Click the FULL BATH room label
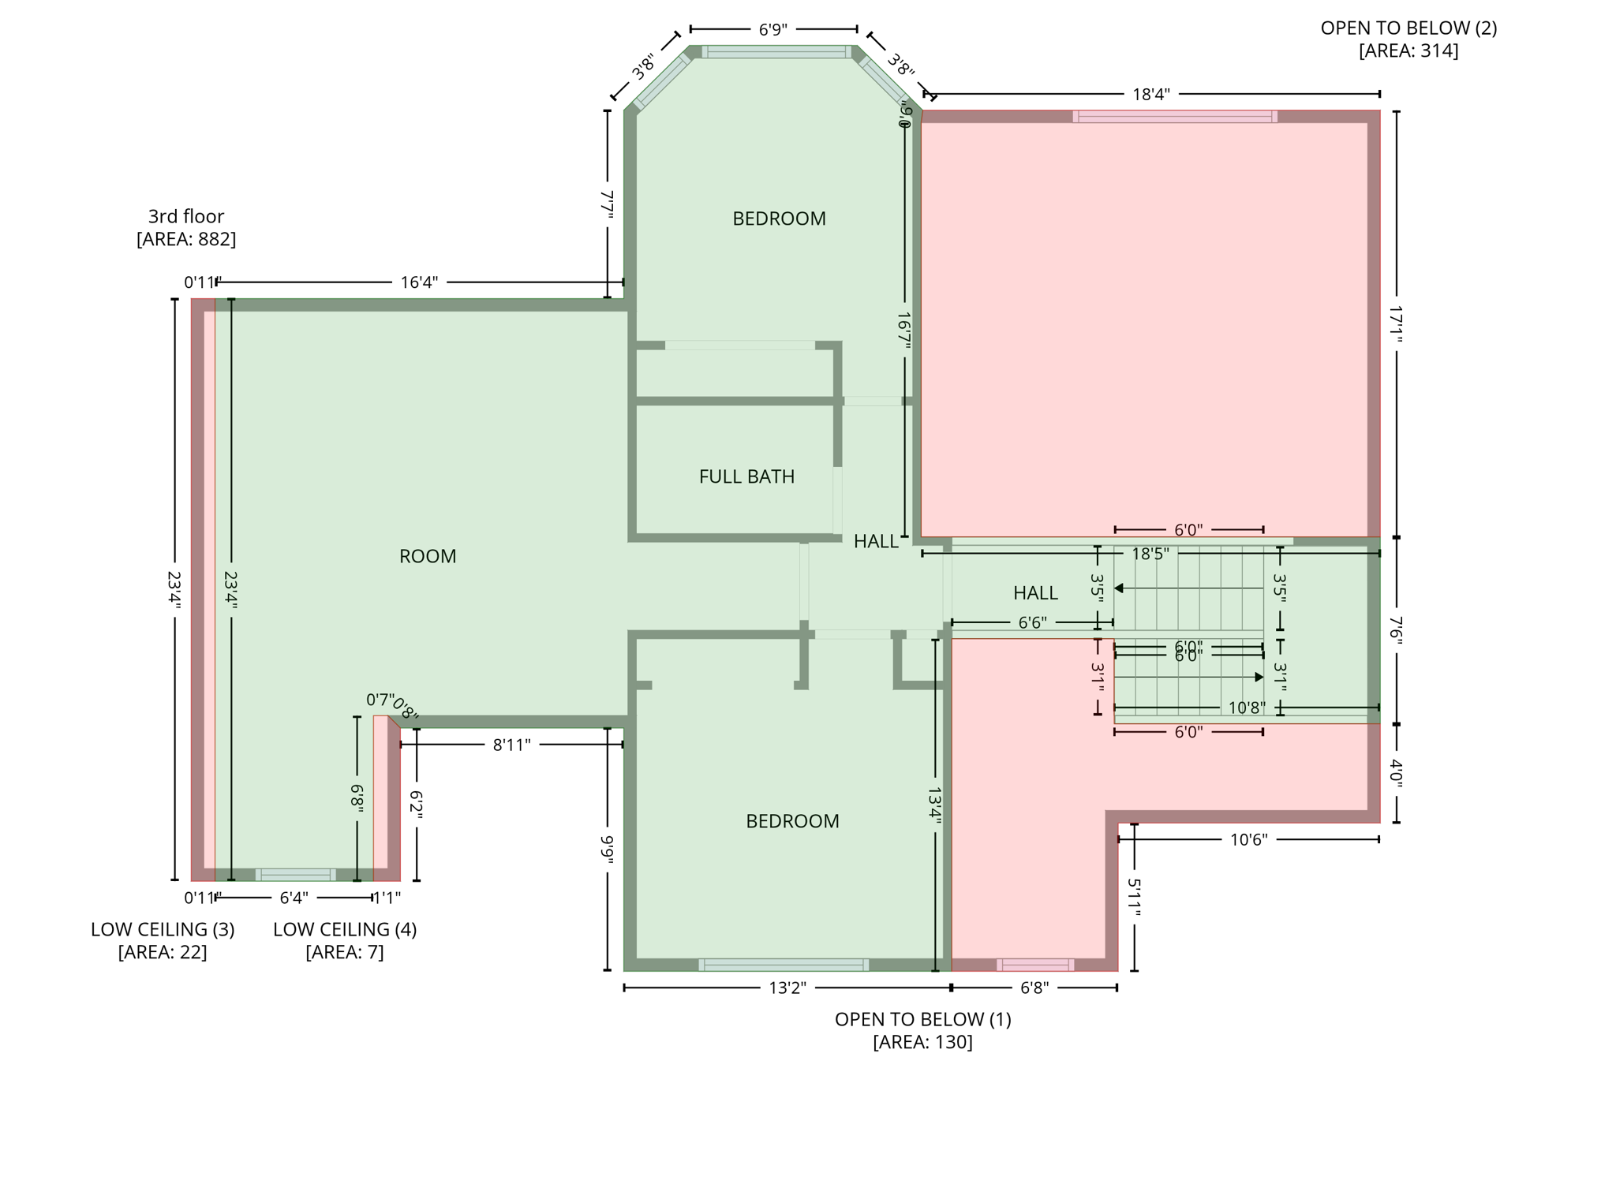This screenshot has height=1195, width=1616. [x=746, y=476]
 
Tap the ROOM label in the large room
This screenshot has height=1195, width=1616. [x=428, y=556]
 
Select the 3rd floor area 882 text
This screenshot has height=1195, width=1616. [x=186, y=228]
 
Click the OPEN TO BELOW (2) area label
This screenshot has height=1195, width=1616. [x=1408, y=39]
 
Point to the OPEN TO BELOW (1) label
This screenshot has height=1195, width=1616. [x=922, y=1030]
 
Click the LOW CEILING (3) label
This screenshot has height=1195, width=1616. [x=163, y=940]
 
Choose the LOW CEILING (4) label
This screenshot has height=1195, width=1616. [x=345, y=940]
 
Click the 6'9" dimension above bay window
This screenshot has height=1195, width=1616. [x=773, y=30]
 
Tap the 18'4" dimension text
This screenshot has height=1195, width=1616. [x=1150, y=95]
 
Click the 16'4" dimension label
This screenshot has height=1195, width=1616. [x=419, y=282]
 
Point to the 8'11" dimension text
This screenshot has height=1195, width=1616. [x=511, y=745]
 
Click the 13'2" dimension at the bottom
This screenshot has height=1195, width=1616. [x=787, y=988]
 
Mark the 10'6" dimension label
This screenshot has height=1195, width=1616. [x=1248, y=839]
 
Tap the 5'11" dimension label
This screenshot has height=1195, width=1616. [x=1134, y=898]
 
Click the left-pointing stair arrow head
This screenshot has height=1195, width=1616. [x=1118, y=588]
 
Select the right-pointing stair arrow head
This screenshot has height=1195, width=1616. [x=1259, y=678]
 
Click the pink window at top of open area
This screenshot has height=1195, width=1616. [x=1174, y=117]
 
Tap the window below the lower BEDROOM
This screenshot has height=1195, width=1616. [x=784, y=965]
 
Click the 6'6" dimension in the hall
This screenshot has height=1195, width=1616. [x=1032, y=623]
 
